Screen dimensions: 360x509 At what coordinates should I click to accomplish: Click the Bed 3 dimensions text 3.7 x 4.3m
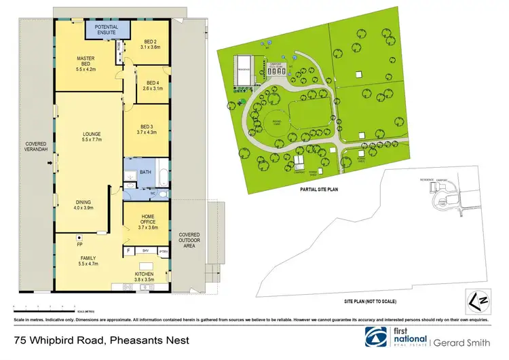pyautogui.click(x=148, y=132)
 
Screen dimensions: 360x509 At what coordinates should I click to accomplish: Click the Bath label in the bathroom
pyautogui.click(x=145, y=173)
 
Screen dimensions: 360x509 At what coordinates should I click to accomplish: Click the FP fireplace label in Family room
pyautogui.click(x=79, y=244)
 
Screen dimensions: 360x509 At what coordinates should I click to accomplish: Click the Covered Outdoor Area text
pyautogui.click(x=187, y=238)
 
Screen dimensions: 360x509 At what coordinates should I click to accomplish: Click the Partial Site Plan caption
pyautogui.click(x=318, y=191)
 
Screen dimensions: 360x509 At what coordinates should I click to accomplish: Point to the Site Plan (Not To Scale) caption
pyautogui.click(x=369, y=301)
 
